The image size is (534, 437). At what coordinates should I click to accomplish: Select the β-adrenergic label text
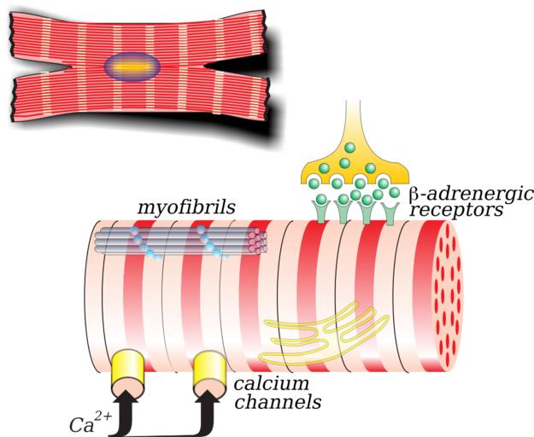pyautogui.click(x=471, y=193)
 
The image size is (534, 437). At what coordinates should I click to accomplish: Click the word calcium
pyautogui.click(x=261, y=385)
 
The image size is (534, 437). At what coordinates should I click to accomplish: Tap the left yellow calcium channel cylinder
pyautogui.click(x=130, y=368)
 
